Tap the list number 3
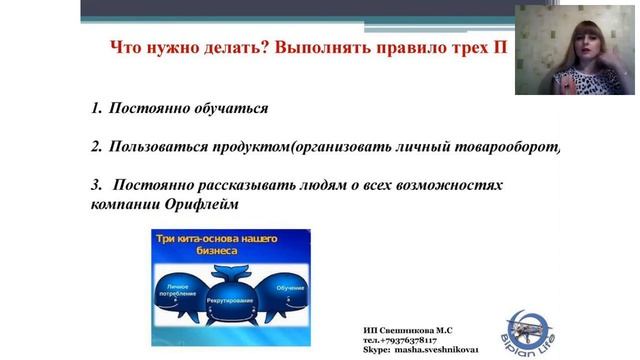[x=95, y=186]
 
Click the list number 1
[x=95, y=107]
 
